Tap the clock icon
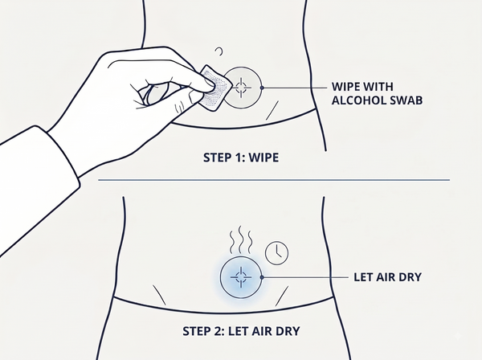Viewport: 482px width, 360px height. point(276,252)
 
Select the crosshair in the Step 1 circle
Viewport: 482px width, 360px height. point(241,88)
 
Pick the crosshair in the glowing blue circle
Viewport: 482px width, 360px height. point(241,277)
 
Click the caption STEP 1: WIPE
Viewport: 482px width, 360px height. point(241,157)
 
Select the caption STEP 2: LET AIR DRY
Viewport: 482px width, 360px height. point(241,331)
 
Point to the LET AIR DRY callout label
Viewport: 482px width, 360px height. point(387,277)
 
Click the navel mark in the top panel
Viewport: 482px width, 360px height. point(219,51)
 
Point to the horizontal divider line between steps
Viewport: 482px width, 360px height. point(274,180)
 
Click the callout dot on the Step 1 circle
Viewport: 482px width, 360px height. point(262,88)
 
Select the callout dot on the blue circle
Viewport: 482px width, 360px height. point(262,277)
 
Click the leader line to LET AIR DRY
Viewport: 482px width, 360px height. point(306,277)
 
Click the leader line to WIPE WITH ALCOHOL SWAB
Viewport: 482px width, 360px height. point(296,88)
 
